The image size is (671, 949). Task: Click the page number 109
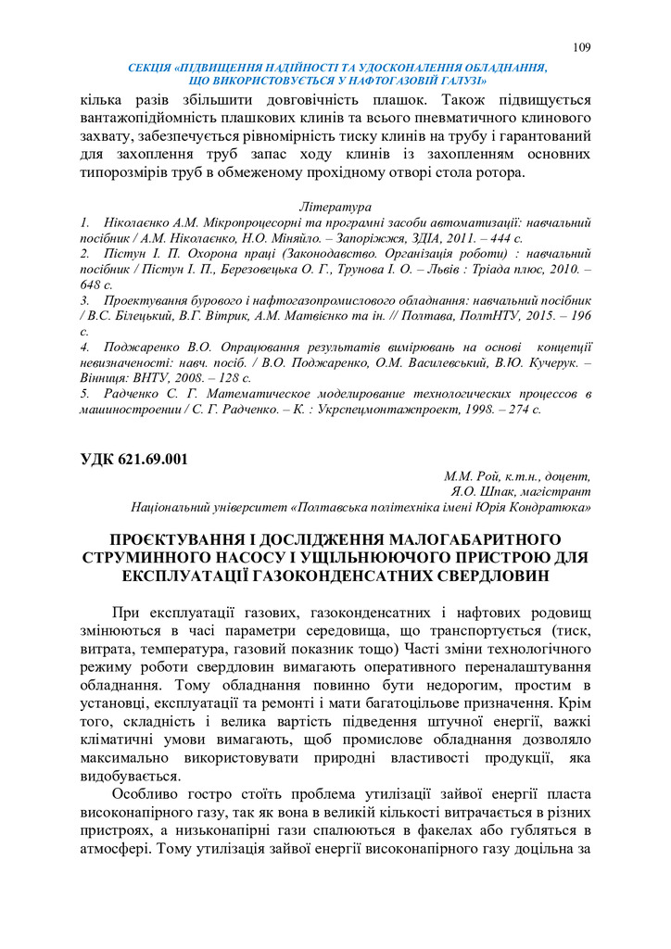pyautogui.click(x=581, y=47)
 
